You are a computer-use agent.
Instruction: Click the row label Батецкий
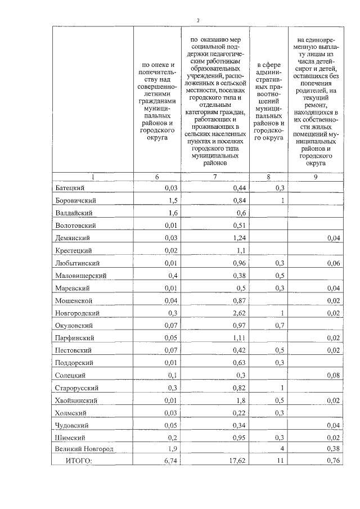coord(70,187)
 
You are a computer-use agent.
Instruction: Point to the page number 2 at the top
coord(198,21)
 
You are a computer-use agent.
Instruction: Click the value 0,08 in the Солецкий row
coord(335,375)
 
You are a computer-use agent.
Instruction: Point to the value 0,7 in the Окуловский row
coord(278,326)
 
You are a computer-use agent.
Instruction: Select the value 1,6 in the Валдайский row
coord(172,213)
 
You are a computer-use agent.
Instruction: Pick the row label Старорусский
coord(78,388)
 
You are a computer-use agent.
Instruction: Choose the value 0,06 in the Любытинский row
coord(335,263)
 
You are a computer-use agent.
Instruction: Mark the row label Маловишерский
coord(81,276)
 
